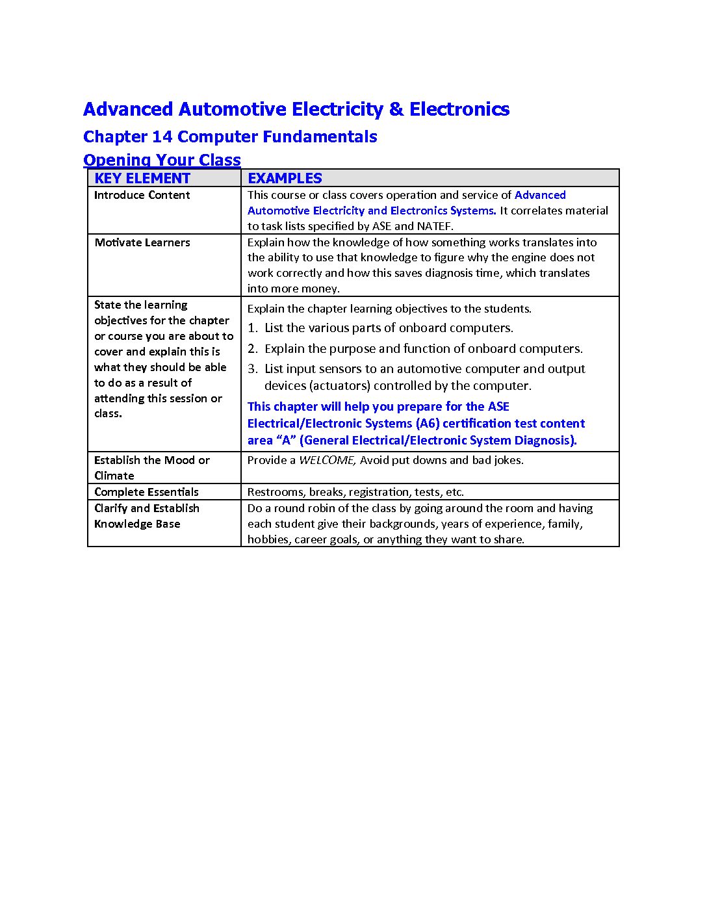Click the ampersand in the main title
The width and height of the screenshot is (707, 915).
396,109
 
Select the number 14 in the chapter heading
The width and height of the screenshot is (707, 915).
162,136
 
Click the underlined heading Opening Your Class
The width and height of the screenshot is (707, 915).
162,160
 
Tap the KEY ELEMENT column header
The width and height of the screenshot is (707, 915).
142,178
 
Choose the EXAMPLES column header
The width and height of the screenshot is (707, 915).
285,178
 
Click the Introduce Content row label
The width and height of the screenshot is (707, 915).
142,195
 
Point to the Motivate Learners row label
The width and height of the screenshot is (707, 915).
142,242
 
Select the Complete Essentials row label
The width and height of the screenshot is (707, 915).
146,492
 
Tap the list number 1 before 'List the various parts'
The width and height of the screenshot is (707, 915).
252,328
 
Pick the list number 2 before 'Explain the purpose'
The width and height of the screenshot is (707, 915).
252,349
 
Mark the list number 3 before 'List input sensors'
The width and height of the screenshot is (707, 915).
252,369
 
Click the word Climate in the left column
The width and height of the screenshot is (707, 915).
114,476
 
